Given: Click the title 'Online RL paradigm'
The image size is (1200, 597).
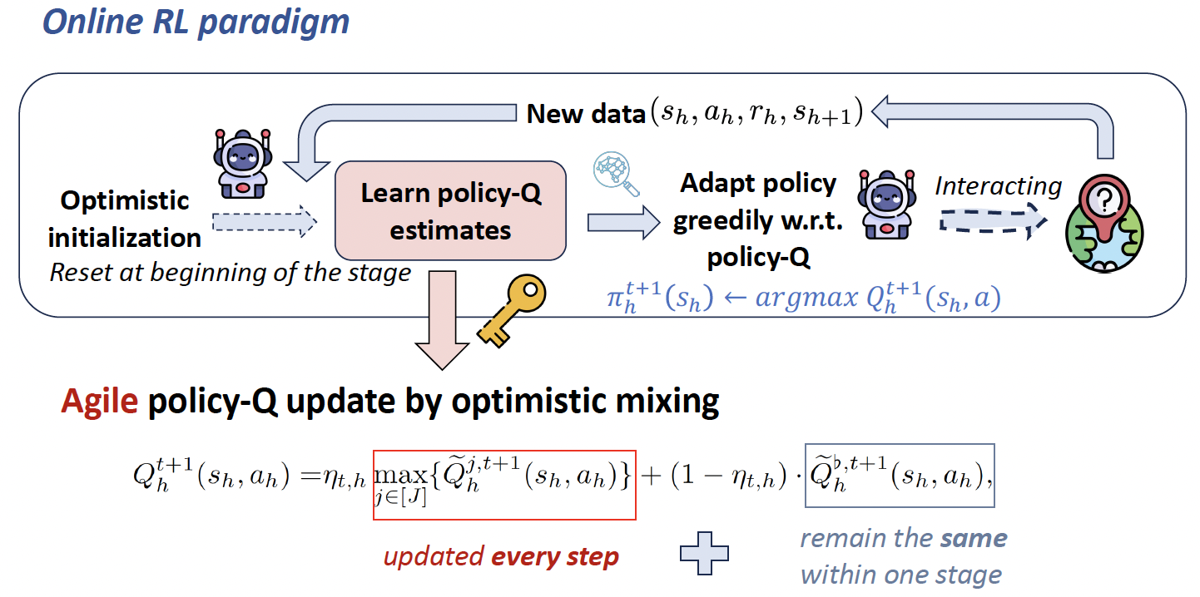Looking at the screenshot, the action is click(196, 23).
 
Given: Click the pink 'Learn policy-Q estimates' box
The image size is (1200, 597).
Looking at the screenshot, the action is click(450, 210).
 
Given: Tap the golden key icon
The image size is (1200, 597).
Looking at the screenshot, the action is click(511, 310).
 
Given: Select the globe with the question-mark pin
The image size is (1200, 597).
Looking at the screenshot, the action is click(1104, 224).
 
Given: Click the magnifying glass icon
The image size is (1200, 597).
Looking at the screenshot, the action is click(616, 174).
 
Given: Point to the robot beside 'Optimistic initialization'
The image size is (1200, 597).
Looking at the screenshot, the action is click(243, 164).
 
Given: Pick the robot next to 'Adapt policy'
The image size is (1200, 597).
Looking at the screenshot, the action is click(886, 205).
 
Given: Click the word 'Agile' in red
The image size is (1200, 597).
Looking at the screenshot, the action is click(100, 402).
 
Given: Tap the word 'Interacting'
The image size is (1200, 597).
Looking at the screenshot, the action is click(998, 186).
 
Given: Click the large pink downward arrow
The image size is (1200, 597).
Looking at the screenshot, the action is click(442, 320).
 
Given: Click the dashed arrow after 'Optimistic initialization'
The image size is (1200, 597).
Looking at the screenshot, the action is click(265, 221).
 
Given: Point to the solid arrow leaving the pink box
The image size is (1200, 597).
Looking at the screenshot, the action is click(623, 222).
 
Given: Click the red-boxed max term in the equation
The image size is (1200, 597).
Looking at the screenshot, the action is click(504, 485).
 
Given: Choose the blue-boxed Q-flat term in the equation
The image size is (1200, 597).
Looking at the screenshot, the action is click(900, 476).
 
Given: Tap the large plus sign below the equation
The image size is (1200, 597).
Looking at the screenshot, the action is click(704, 553).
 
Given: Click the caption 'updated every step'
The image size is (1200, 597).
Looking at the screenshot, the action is click(501, 557).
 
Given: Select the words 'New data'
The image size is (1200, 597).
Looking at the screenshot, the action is click(586, 114).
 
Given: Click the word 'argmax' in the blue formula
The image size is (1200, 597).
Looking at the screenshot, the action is click(806, 298).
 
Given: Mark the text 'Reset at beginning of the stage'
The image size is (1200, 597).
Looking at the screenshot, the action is click(231, 273).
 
